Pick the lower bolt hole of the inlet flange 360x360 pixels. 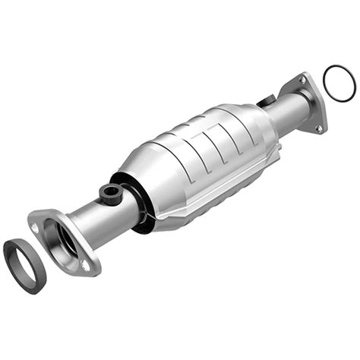(86, 265)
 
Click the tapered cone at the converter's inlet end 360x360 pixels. (141, 171)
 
